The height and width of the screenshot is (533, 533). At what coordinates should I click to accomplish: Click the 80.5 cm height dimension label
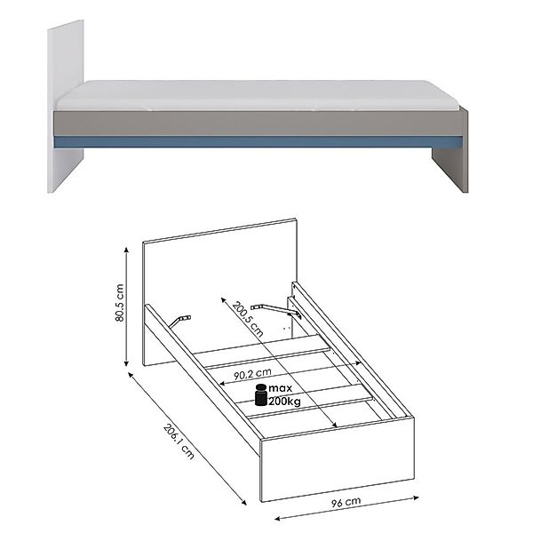point(119,303)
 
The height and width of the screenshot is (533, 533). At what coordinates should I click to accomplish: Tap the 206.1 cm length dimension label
point(179,442)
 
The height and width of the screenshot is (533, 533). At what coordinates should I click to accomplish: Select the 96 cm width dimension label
point(346,502)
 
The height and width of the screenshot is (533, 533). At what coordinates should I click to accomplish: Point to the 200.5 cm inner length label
point(248,319)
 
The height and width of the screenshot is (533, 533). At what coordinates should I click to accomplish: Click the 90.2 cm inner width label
point(252,374)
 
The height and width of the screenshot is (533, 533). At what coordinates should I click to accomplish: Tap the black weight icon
point(260,394)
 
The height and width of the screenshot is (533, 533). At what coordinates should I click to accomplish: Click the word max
point(281,388)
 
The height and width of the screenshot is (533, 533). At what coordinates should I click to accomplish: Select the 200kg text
point(285,402)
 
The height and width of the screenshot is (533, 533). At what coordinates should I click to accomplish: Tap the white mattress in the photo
point(259,95)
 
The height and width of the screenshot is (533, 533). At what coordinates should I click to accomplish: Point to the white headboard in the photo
point(65,106)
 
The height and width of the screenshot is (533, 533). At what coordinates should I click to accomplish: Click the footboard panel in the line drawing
point(338,459)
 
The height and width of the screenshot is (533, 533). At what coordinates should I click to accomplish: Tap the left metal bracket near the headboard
point(180,321)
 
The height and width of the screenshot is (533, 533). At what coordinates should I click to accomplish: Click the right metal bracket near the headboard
point(276,311)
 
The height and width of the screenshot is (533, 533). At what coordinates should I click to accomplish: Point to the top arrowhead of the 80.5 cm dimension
point(126,250)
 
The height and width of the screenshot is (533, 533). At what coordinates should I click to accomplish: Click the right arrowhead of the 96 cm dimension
point(416,498)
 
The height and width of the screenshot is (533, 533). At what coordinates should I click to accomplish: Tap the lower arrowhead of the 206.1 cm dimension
point(243,503)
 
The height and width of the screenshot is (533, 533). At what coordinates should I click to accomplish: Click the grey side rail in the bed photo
point(259,123)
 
